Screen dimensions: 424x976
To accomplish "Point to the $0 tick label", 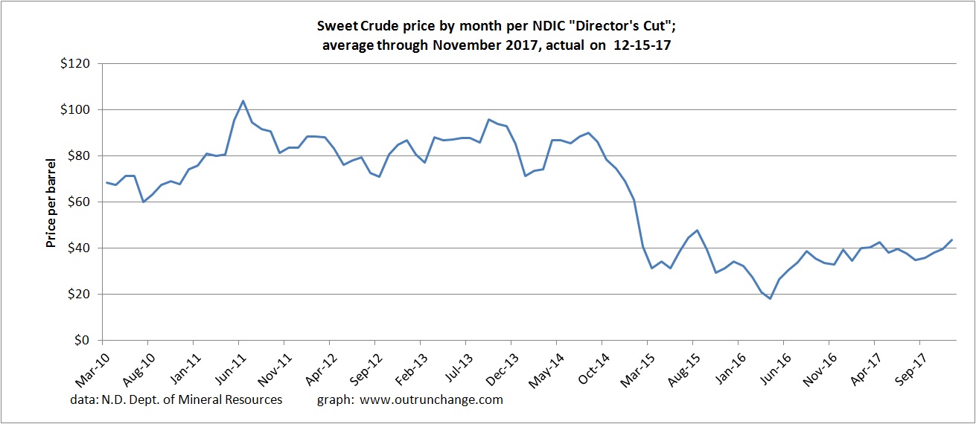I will tap(82, 341).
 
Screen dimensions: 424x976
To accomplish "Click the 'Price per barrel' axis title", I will tap(51, 202).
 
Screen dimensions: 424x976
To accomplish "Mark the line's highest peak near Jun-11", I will tap(243, 100).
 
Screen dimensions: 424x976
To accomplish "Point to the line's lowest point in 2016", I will tap(770, 299).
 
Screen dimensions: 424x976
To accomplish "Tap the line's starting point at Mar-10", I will tap(106, 182).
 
